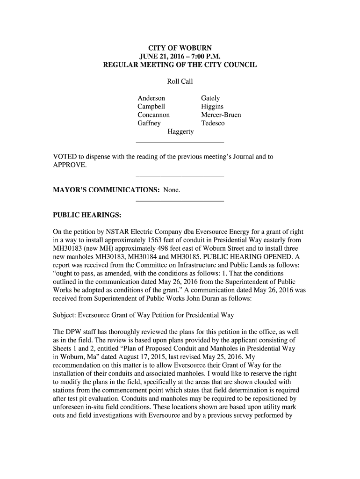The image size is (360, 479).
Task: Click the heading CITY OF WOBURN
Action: tap(180, 48)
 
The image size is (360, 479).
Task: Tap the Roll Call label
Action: tap(180, 82)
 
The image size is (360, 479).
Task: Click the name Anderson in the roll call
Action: tap(151, 98)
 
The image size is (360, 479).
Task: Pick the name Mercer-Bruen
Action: tap(221, 115)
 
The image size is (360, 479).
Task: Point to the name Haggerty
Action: tap(180, 132)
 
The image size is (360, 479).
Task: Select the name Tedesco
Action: tap(213, 123)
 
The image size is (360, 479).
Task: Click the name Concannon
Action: tap(153, 115)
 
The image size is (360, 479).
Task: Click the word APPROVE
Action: tap(69, 166)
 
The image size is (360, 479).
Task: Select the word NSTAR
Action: tap(111, 232)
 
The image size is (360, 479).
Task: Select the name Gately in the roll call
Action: tap(210, 98)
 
